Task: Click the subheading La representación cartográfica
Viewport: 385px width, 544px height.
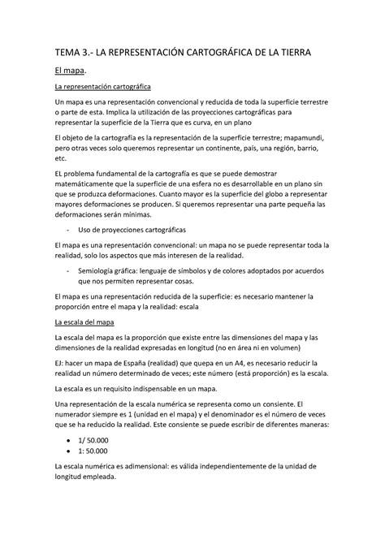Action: (102, 86)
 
